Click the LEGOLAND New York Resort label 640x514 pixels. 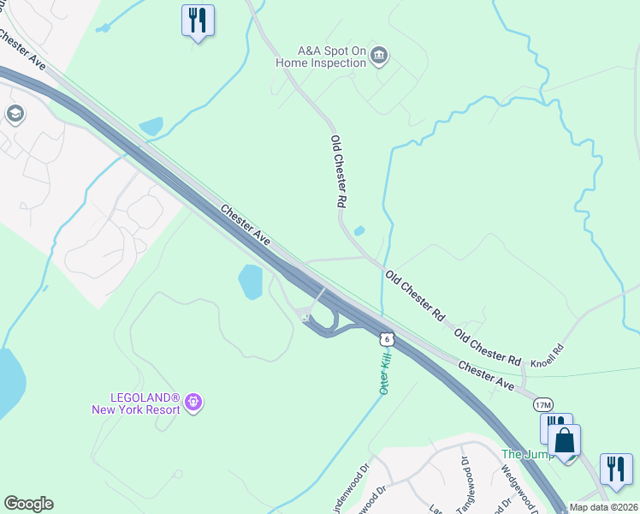coord(136,403)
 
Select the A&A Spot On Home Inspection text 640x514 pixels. coord(331,57)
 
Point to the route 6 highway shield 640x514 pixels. coord(388,339)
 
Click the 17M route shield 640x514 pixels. coord(543,403)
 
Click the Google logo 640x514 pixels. coord(28,504)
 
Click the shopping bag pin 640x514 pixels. coord(564,442)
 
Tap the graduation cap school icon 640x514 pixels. coord(15,114)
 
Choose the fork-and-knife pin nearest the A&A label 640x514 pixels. coord(198,21)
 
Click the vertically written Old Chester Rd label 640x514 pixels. coord(339,171)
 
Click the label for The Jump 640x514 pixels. coord(522,454)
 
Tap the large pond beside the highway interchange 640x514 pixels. coord(251,282)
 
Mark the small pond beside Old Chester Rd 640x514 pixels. coord(359,230)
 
